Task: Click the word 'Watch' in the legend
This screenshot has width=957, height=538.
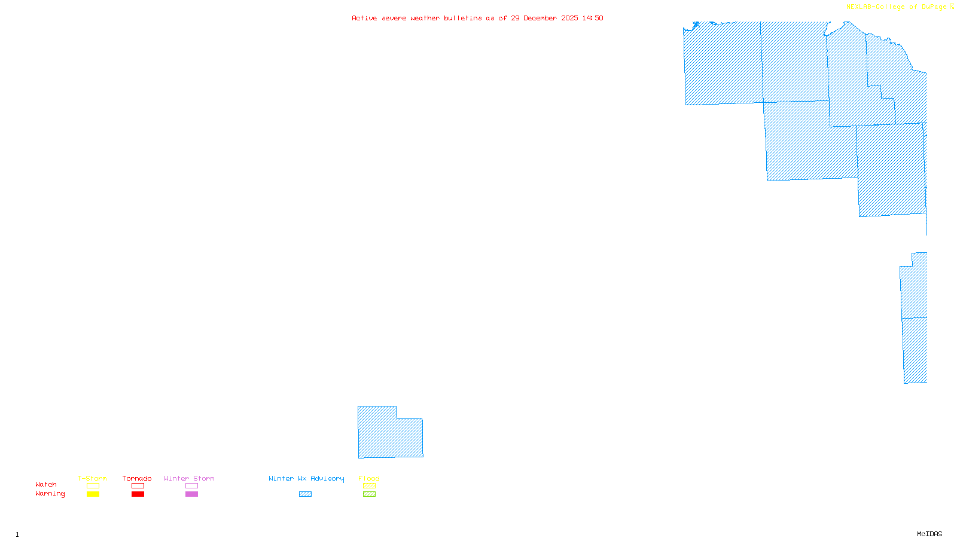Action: click(46, 484)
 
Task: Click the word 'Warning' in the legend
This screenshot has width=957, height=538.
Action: click(50, 494)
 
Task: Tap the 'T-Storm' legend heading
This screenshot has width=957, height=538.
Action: click(92, 478)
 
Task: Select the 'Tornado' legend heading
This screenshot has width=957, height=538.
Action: click(137, 478)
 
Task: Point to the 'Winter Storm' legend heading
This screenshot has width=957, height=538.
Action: click(189, 478)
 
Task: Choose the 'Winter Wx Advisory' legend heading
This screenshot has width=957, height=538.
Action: click(306, 478)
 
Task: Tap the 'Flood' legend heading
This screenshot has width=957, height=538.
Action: click(369, 478)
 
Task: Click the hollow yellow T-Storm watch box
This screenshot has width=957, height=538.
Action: click(93, 486)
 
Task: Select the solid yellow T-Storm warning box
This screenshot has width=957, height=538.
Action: click(93, 494)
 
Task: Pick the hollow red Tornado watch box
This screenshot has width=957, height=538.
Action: click(138, 486)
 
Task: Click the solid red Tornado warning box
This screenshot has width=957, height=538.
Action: click(138, 494)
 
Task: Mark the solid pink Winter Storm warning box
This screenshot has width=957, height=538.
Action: click(191, 494)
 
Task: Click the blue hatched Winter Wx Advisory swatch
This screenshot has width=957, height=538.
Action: click(305, 494)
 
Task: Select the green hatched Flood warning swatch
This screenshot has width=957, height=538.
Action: click(369, 494)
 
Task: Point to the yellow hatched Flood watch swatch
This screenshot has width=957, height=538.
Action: click(369, 486)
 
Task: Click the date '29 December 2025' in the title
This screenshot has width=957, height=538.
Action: click(544, 18)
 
